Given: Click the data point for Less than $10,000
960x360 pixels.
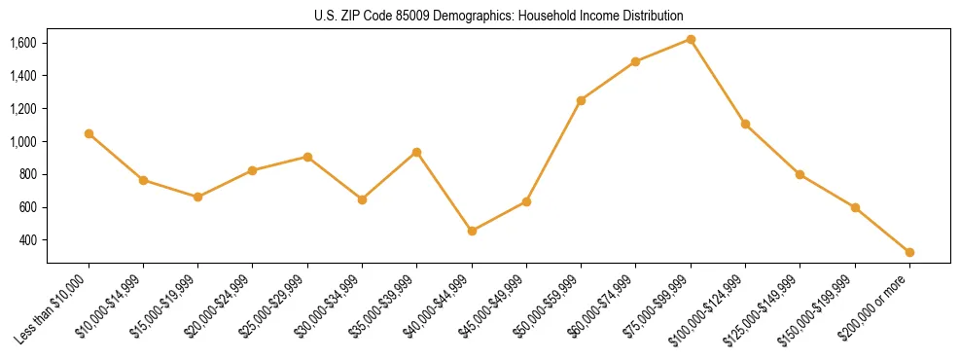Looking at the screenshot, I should pyautogui.click(x=89, y=133).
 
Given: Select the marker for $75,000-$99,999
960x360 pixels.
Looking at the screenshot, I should pyautogui.click(x=691, y=39).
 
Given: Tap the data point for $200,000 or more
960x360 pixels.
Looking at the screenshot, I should pyautogui.click(x=909, y=252).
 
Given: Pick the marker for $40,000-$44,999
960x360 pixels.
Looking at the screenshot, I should pyautogui.click(x=472, y=231).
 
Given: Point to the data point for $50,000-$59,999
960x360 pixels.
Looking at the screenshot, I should pyautogui.click(x=581, y=100).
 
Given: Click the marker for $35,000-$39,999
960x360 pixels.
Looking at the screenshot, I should pyautogui.click(x=416, y=152).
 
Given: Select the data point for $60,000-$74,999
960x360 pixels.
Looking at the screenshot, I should pyautogui.click(x=635, y=61).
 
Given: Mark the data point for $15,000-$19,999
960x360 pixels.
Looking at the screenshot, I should pyautogui.click(x=197, y=197).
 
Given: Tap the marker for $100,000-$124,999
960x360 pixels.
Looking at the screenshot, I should pyautogui.click(x=745, y=124).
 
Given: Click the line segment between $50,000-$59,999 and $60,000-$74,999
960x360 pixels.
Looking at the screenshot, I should pyautogui.click(x=608, y=81).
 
